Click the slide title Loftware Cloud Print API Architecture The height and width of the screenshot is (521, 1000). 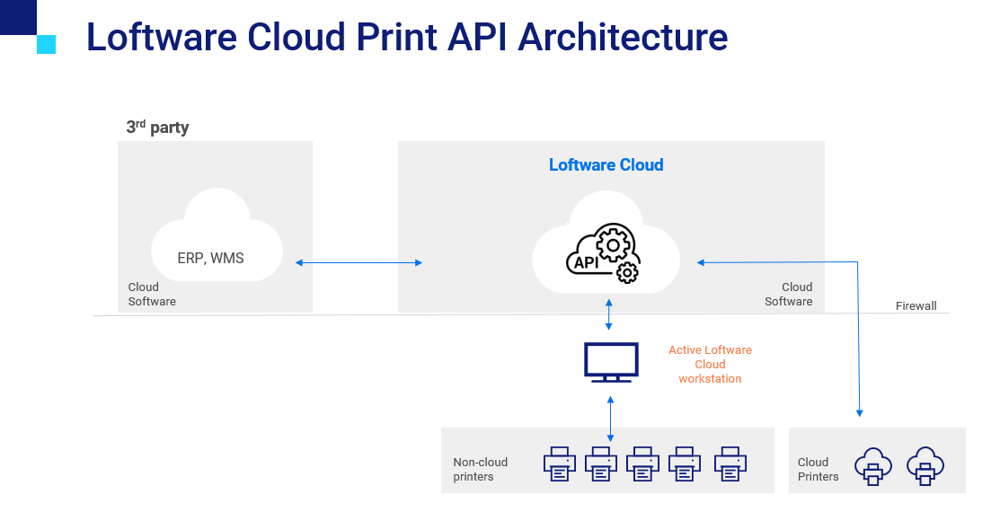point(406,38)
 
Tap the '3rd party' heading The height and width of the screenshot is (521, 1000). point(157,128)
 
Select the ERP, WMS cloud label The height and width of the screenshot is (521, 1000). point(210,259)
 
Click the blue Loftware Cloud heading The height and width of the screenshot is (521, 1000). point(606,165)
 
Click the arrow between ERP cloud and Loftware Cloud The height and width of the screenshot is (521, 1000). point(358,262)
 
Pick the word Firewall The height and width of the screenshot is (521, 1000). point(916,306)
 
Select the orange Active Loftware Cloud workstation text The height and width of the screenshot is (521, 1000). point(710,365)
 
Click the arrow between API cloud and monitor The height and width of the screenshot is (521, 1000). point(609,313)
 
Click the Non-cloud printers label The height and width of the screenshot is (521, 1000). point(480,469)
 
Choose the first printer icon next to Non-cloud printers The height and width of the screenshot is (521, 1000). point(560,464)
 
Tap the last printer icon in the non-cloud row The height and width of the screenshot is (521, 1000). point(730,464)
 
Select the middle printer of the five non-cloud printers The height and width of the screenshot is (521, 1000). point(644,464)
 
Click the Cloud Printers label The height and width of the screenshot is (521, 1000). point(818,469)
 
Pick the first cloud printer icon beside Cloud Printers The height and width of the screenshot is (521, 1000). point(872,466)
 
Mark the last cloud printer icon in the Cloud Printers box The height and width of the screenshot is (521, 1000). point(925,466)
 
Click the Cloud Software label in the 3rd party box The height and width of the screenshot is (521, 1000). point(152,294)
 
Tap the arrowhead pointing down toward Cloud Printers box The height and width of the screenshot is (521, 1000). point(859,412)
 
